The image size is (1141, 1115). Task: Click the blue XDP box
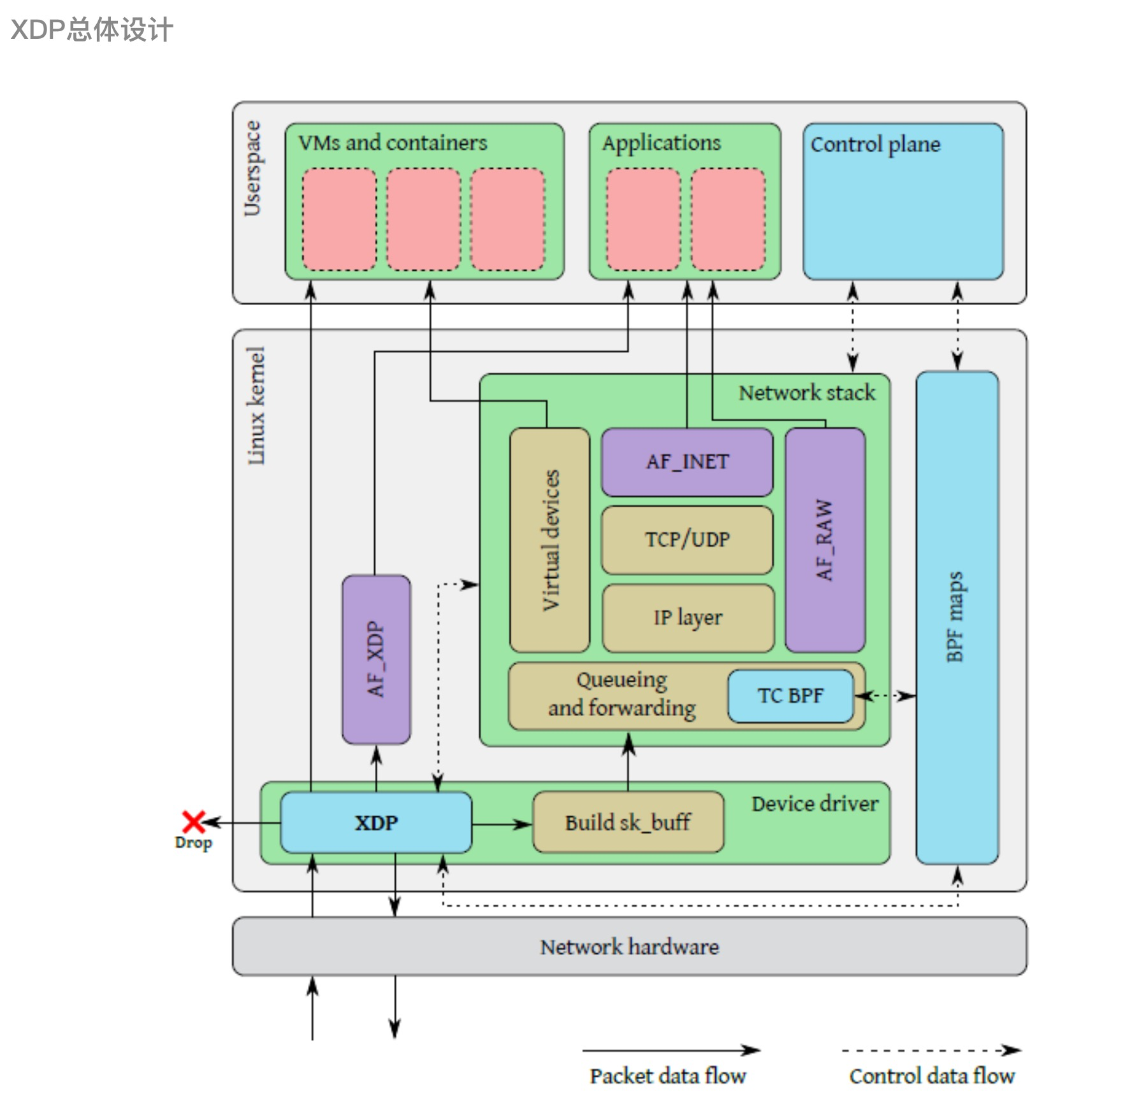(376, 823)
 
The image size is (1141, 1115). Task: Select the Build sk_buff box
(628, 823)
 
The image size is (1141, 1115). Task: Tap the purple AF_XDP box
(376, 659)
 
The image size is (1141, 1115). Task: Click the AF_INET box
(687, 462)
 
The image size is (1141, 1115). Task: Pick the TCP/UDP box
(687, 540)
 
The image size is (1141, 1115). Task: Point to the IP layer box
(688, 617)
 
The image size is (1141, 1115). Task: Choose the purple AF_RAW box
(825, 540)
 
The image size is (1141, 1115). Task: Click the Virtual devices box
(549, 540)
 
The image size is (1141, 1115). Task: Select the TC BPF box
(790, 696)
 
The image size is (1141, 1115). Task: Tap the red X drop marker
(193, 822)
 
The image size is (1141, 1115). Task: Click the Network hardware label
(629, 947)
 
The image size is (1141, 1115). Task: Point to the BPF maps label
(955, 617)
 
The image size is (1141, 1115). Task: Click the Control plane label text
(875, 145)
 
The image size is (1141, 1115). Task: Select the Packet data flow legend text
(667, 1076)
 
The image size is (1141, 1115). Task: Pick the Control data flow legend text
(931, 1076)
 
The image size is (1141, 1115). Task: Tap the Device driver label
(815, 804)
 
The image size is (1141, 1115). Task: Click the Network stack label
(807, 392)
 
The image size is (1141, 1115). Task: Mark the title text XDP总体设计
(92, 30)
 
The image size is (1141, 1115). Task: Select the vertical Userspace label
(252, 168)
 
